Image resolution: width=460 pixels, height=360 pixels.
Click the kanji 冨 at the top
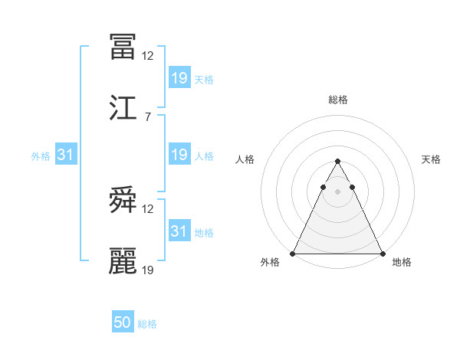tap(123, 47)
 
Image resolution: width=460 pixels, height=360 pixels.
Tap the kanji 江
tap(123, 108)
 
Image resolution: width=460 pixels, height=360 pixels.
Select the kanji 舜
tap(123, 201)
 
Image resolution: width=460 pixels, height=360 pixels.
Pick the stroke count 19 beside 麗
tap(148, 270)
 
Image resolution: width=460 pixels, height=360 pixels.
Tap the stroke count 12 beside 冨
tap(148, 55)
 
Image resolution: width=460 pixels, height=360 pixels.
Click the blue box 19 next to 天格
tap(179, 78)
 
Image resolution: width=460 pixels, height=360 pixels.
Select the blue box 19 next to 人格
tap(179, 155)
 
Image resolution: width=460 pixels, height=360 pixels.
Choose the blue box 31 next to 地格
tap(179, 231)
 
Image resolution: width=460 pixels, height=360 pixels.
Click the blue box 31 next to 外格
tap(66, 155)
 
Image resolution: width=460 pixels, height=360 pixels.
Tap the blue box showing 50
tap(123, 323)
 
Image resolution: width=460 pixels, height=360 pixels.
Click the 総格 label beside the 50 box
tap(147, 325)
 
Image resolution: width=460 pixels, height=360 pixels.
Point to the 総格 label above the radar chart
tap(337, 100)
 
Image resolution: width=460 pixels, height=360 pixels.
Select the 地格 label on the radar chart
tap(402, 263)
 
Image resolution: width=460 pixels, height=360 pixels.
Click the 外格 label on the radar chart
tap(270, 263)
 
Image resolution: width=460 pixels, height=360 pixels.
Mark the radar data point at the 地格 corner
tap(382, 254)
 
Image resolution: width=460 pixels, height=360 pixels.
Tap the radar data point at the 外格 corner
tap(293, 254)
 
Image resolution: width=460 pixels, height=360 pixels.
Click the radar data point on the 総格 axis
tap(337, 162)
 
